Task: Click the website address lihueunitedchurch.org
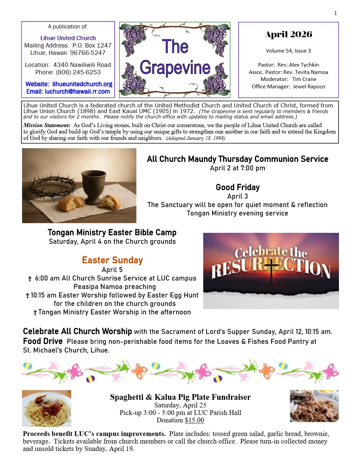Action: [82, 84]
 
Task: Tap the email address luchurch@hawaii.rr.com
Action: [77, 91]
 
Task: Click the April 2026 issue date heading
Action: [288, 34]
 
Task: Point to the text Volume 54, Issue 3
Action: [288, 51]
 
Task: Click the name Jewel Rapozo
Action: [309, 86]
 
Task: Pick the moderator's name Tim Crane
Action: [304, 79]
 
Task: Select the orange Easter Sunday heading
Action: [112, 260]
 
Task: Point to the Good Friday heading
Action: [237, 187]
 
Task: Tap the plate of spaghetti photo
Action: [46, 408]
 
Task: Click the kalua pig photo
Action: [314, 406]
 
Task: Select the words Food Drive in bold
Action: [43, 341]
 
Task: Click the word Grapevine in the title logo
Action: [175, 68]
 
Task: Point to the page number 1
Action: [336, 13]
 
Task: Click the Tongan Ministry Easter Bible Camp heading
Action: [112, 232]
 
